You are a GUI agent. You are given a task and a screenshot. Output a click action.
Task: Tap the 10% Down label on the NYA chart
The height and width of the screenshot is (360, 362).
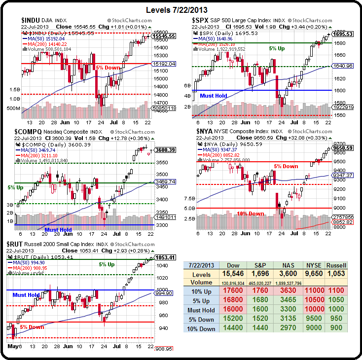click(251, 214)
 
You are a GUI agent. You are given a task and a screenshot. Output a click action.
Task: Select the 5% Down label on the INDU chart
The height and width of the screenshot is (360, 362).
click(108, 67)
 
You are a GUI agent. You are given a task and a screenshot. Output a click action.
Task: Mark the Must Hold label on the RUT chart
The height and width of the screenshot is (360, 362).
click(26, 295)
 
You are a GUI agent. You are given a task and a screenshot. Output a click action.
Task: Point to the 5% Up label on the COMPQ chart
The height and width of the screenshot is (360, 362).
click(16, 188)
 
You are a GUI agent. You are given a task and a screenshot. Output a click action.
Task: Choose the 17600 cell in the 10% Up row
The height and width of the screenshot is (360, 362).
click(233, 291)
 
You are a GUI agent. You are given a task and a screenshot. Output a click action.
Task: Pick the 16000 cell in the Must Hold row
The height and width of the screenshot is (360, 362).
click(233, 310)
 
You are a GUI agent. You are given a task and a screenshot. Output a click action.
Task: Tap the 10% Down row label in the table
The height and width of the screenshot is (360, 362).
click(201, 328)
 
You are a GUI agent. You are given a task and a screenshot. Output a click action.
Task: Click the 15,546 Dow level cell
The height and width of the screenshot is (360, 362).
click(233, 274)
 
